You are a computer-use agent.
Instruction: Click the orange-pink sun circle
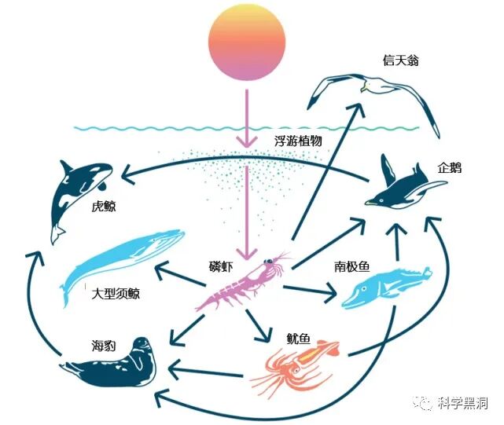pos(245,43)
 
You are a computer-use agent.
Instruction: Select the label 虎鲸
pos(104,207)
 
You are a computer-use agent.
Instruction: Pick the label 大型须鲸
pos(116,293)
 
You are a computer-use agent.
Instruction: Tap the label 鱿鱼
pos(298,339)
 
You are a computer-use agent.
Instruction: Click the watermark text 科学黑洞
pos(463,403)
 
